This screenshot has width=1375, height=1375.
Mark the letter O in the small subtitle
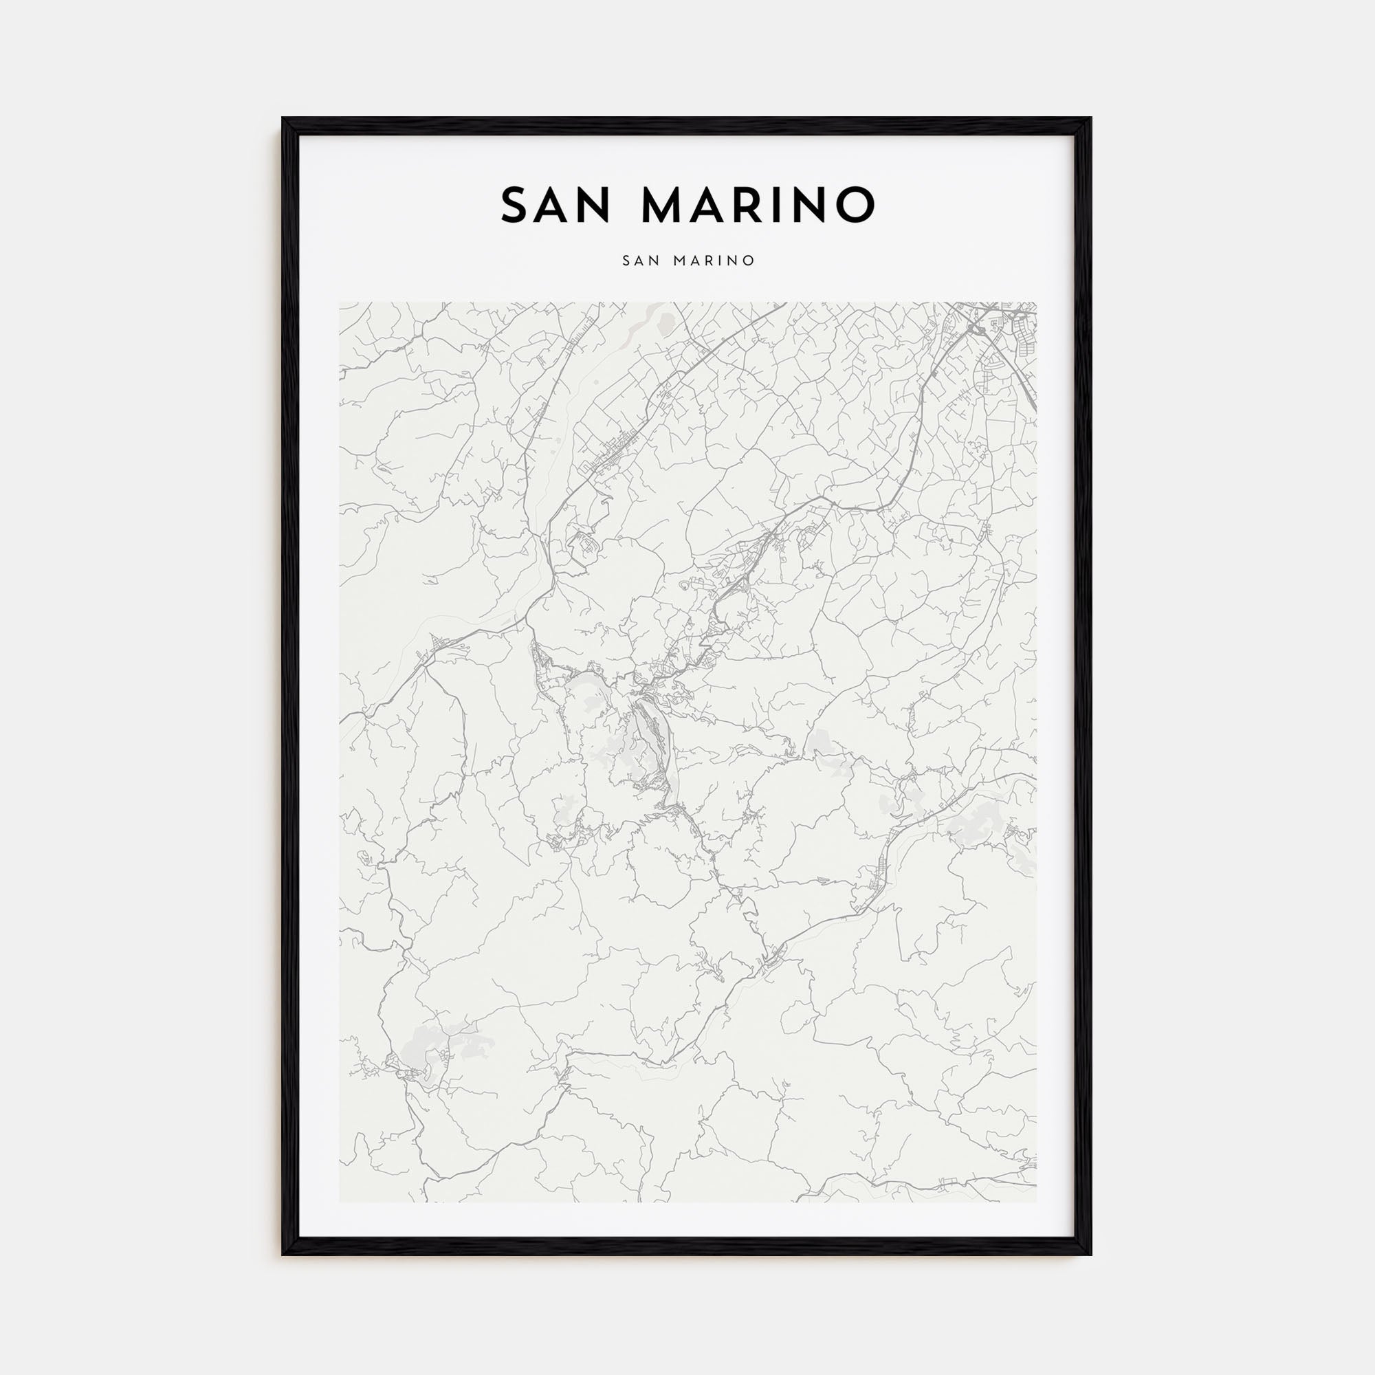point(749,261)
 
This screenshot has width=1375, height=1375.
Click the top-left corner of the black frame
point(283,119)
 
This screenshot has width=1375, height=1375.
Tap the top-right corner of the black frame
point(1090,119)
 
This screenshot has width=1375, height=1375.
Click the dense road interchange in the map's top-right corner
point(976,327)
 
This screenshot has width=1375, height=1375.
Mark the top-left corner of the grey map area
point(340,302)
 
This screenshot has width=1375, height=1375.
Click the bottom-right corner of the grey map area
point(1036,1202)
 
